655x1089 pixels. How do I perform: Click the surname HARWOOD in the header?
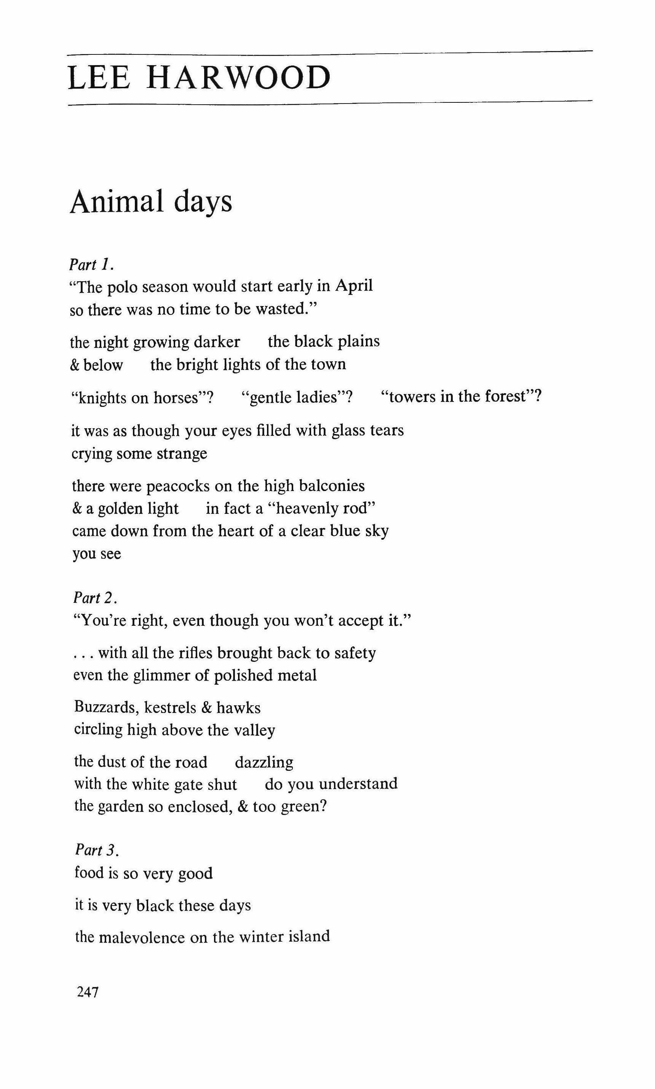[238, 78]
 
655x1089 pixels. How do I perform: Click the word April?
[354, 286]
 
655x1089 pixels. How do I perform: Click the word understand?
[358, 784]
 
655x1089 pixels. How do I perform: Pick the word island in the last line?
[308, 936]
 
